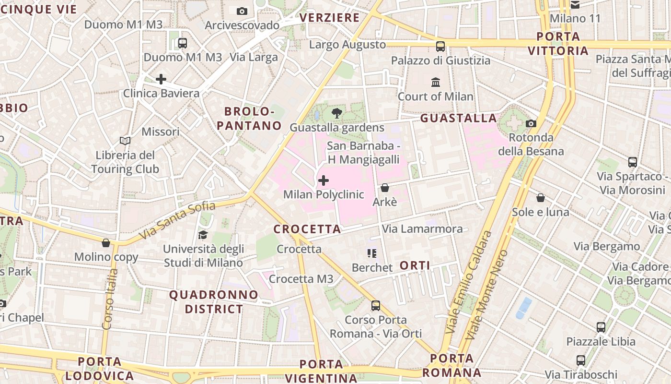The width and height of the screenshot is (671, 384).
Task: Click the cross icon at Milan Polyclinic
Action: pyautogui.click(x=324, y=180)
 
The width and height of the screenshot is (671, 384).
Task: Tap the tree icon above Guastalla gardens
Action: pyautogui.click(x=337, y=113)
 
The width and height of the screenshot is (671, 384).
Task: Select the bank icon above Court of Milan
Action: pyautogui.click(x=436, y=82)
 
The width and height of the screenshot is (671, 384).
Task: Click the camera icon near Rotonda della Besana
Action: pyautogui.click(x=531, y=123)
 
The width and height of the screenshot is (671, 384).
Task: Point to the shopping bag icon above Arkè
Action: pyautogui.click(x=384, y=188)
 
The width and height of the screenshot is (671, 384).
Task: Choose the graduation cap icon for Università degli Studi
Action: pyautogui.click(x=203, y=235)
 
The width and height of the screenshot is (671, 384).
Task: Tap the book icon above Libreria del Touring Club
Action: pyautogui.click(x=125, y=141)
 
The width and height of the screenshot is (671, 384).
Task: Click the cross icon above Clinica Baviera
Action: pyautogui.click(x=161, y=79)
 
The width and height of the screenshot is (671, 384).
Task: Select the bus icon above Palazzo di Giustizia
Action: pyautogui.click(x=440, y=46)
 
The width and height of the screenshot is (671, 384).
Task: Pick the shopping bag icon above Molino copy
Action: pyautogui.click(x=106, y=243)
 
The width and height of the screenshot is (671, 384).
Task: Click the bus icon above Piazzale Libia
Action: pyautogui.click(x=601, y=327)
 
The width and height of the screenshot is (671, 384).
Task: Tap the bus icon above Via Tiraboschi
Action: pyautogui.click(x=581, y=360)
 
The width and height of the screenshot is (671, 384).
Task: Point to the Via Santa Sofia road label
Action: pyautogui.click(x=177, y=220)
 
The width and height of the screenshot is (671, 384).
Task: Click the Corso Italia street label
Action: pyautogui.click(x=110, y=299)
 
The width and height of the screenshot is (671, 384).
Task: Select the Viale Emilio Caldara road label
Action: pyautogui.click(x=469, y=282)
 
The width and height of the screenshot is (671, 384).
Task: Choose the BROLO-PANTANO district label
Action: pyautogui.click(x=249, y=119)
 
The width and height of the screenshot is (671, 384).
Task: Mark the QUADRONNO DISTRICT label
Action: pyautogui.click(x=214, y=301)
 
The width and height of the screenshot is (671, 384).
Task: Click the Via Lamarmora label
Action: pyautogui.click(x=422, y=229)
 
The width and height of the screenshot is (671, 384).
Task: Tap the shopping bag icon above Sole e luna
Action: pyautogui.click(x=541, y=197)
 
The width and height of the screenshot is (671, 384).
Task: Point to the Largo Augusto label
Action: pyautogui.click(x=347, y=45)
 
